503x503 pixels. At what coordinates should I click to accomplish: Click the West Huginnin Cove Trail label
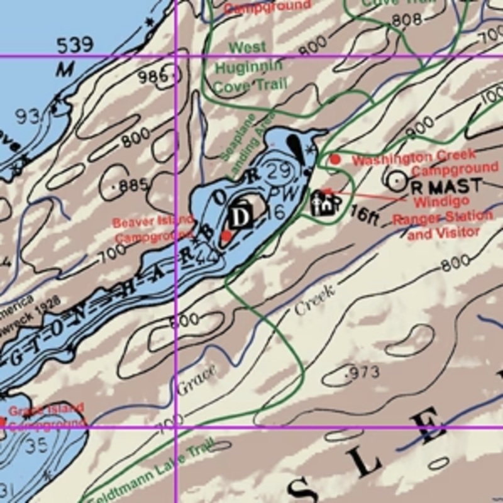tap(250, 66)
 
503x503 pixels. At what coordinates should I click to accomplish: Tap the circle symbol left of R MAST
tap(397, 181)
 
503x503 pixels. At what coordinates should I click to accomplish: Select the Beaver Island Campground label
tap(153, 229)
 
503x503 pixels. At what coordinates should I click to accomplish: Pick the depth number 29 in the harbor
tap(278, 170)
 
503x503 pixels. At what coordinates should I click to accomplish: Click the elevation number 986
tap(154, 77)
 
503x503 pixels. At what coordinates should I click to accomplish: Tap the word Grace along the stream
tap(196, 380)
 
